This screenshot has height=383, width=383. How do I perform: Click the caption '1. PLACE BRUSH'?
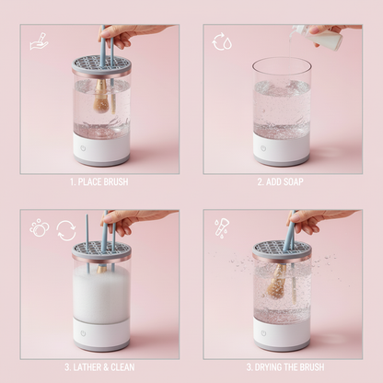click(x=99, y=181)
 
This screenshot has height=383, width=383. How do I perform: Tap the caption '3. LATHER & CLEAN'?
click(x=99, y=366)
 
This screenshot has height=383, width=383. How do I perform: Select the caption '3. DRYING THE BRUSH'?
click(x=284, y=366)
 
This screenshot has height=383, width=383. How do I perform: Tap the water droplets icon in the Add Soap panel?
click(x=223, y=41)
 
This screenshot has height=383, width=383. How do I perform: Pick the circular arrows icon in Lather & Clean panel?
click(x=66, y=228)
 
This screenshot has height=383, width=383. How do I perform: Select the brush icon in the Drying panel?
click(x=223, y=226)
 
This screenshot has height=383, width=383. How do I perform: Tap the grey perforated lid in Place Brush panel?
click(x=101, y=67)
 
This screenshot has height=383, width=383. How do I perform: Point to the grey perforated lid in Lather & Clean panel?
click(x=101, y=252)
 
